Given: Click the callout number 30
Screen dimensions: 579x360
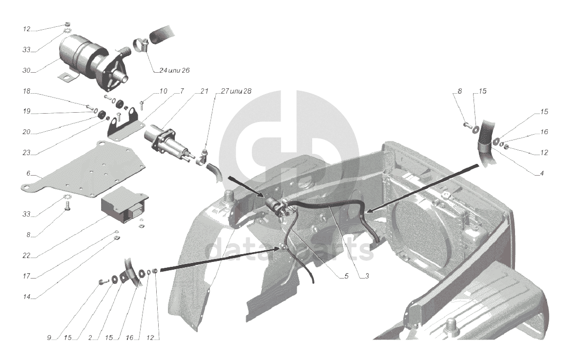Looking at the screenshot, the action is pos(26,70).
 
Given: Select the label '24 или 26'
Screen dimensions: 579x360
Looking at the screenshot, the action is pos(174,70).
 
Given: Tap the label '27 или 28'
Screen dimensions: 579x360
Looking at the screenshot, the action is pos(236,91).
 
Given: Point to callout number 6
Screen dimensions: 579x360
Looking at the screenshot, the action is pos(28,173).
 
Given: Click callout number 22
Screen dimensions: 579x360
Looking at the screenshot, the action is pos(26,255).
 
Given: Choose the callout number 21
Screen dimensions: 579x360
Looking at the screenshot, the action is pos(205,91).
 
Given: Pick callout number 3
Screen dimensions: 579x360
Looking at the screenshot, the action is pos(367,276).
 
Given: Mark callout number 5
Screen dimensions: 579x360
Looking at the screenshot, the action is pos(346,276).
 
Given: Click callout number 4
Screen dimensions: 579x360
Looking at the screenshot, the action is pos(542,173).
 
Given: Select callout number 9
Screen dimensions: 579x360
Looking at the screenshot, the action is pos(49,338).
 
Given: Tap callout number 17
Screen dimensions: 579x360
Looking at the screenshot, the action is pos(26,276).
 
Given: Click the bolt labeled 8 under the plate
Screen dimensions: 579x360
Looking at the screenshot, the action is pos(67,205).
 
